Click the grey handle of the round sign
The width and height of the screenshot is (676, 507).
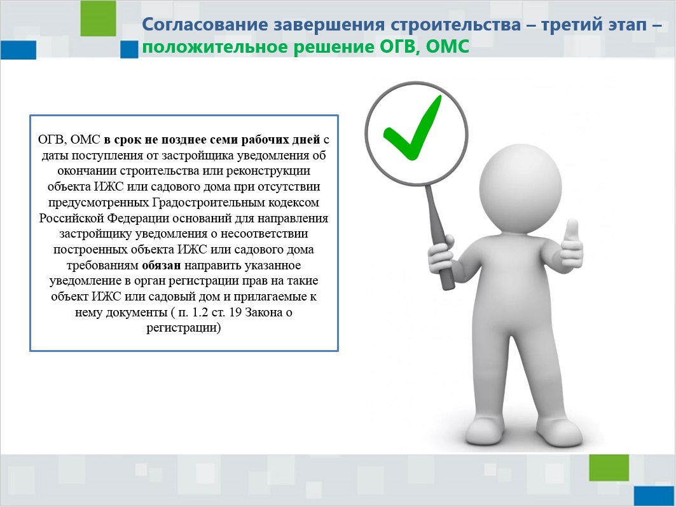439,237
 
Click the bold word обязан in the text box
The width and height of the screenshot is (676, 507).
162,265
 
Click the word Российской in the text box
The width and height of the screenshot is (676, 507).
72,218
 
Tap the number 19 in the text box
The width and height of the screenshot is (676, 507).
235,312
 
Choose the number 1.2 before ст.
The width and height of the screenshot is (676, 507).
200,312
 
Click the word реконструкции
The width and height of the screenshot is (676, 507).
268,171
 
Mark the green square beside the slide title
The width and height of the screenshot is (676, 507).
99,18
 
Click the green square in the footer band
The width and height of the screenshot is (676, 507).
609,468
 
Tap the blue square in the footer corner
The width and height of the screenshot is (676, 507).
654,496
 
